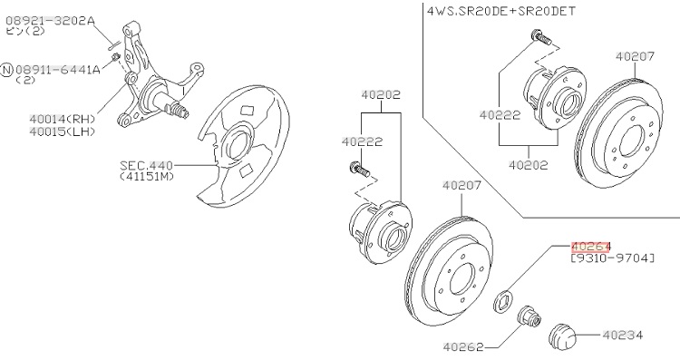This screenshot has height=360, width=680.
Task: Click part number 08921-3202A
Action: click(50, 20)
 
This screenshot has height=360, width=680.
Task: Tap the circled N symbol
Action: click(7, 70)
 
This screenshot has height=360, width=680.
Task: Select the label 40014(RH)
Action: click(63, 119)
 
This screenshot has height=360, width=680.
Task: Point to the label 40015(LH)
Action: click(63, 131)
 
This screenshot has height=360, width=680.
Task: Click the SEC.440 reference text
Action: click(146, 165)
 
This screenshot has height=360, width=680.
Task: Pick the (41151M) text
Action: click(147, 177)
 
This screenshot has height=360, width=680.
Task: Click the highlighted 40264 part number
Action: click(590, 247)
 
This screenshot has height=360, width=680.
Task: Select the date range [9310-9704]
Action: click(612, 258)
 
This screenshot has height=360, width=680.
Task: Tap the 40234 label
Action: click(623, 335)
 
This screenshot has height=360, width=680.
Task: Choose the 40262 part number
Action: click(462, 347)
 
